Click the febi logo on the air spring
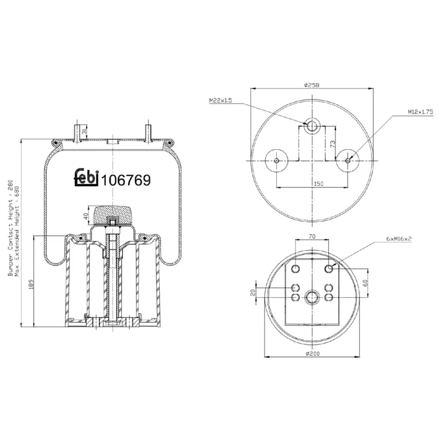pyautogui.click(x=86, y=177)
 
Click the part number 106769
pyautogui.click(x=126, y=180)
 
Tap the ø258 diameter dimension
pyautogui.click(x=311, y=85)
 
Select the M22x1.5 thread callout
pyautogui.click(x=221, y=100)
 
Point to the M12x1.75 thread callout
pyautogui.click(x=420, y=112)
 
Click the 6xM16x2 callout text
pyautogui.click(x=399, y=239)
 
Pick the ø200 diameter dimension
pyautogui.click(x=313, y=354)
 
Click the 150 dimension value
pyautogui.click(x=318, y=184)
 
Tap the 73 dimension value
pyautogui.click(x=332, y=144)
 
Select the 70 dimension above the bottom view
pyautogui.click(x=312, y=236)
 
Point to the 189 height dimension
pyautogui.click(x=31, y=284)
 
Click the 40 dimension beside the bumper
pyautogui.click(x=85, y=216)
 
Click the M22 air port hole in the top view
pyautogui.click(x=312, y=126)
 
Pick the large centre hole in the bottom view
pyautogui.click(x=312, y=297)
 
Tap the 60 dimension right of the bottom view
pyautogui.click(x=365, y=283)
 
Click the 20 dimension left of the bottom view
pyautogui.click(x=253, y=293)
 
